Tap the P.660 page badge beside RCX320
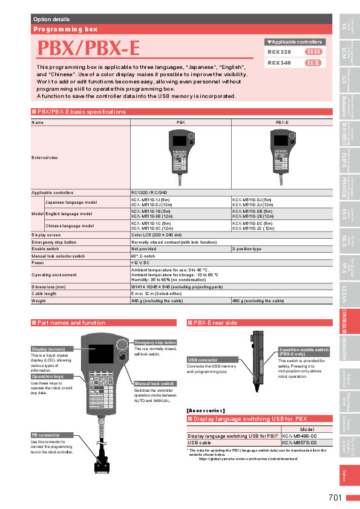[313, 52]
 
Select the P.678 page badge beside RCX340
[313, 62]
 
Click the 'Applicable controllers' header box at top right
[295, 42]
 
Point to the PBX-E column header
[282, 122]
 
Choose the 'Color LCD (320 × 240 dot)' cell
[156, 234]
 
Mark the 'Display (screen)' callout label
[48, 349]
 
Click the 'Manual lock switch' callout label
[154, 383]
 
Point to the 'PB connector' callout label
[47, 435]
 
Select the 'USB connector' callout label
[203, 360]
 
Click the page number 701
[336, 498]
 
